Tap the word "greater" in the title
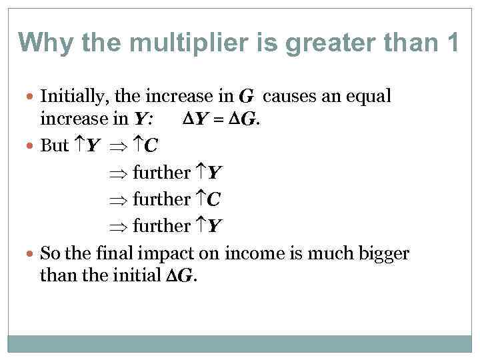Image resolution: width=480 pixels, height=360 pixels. click(297, 43)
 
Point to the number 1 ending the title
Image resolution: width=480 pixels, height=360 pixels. click(452, 43)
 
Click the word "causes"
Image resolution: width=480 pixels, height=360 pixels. click(289, 97)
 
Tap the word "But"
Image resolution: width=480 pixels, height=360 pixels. click(55, 145)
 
